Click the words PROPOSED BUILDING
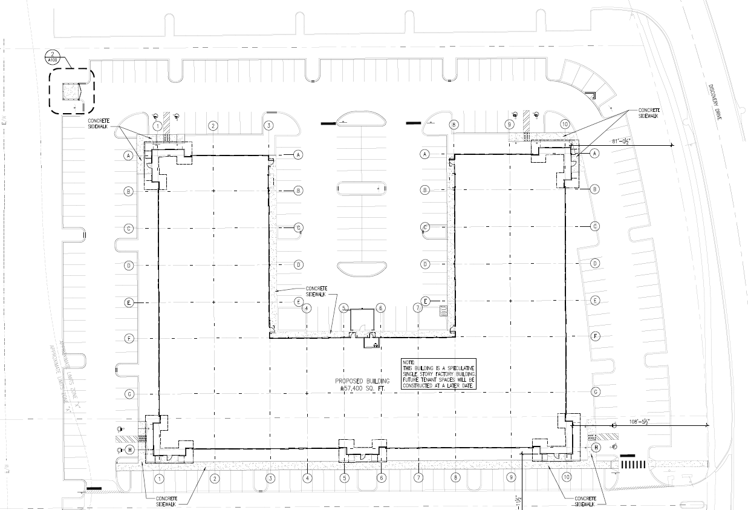(361, 381)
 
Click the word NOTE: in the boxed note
(410, 362)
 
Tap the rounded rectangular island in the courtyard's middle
(362, 189)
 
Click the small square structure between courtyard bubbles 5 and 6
(362, 321)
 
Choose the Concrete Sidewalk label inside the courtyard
(317, 291)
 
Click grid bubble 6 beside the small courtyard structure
(380, 308)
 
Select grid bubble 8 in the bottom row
(455, 477)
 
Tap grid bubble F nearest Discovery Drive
(595, 336)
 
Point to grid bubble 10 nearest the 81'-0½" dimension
(565, 124)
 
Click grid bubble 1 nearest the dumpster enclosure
(157, 126)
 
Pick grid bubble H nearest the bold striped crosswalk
(596, 448)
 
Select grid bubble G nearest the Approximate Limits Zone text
(129, 394)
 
